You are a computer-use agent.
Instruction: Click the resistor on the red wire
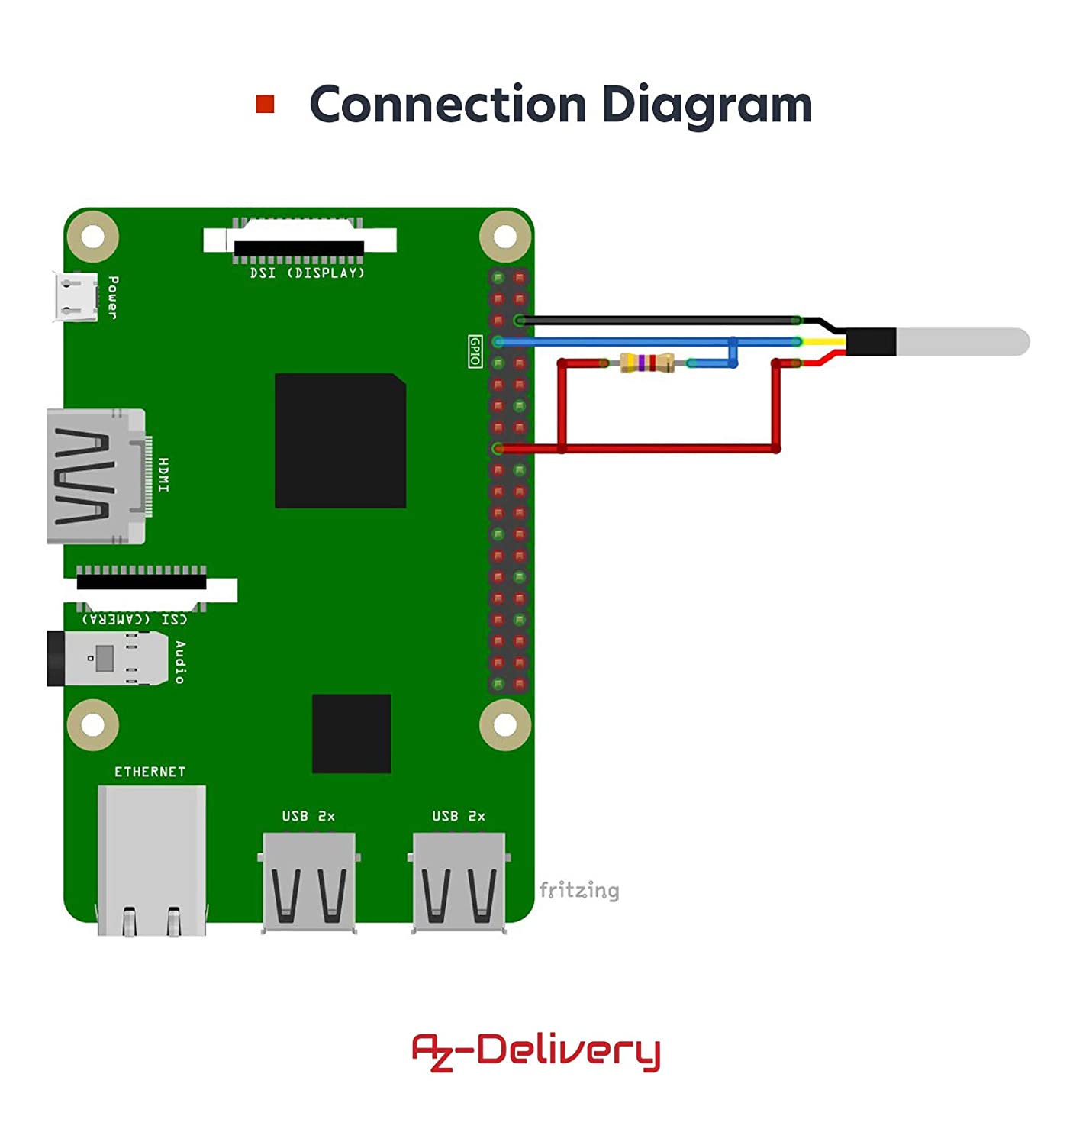coord(647,363)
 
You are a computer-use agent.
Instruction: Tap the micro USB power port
coord(75,297)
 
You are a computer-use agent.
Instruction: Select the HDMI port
coord(96,476)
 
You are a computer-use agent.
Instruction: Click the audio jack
coord(107,658)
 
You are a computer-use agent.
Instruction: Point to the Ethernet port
coord(151,859)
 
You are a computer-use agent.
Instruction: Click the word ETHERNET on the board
coord(150,772)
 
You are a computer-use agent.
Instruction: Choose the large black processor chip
coord(340,440)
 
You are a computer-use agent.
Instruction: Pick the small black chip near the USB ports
coord(351,734)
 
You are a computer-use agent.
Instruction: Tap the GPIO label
coord(475,351)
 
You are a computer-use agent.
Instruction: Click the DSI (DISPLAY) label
coord(308,273)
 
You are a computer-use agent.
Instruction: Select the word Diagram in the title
coord(707,105)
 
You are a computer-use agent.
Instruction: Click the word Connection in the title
coord(449,105)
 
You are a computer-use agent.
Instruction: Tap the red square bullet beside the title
coord(265,104)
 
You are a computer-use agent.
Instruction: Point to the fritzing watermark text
coord(578,890)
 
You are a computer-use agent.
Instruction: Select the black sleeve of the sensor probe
coord(871,342)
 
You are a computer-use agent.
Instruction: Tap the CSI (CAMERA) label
coord(134,618)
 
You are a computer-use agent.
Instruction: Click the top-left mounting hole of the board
coord(93,237)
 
